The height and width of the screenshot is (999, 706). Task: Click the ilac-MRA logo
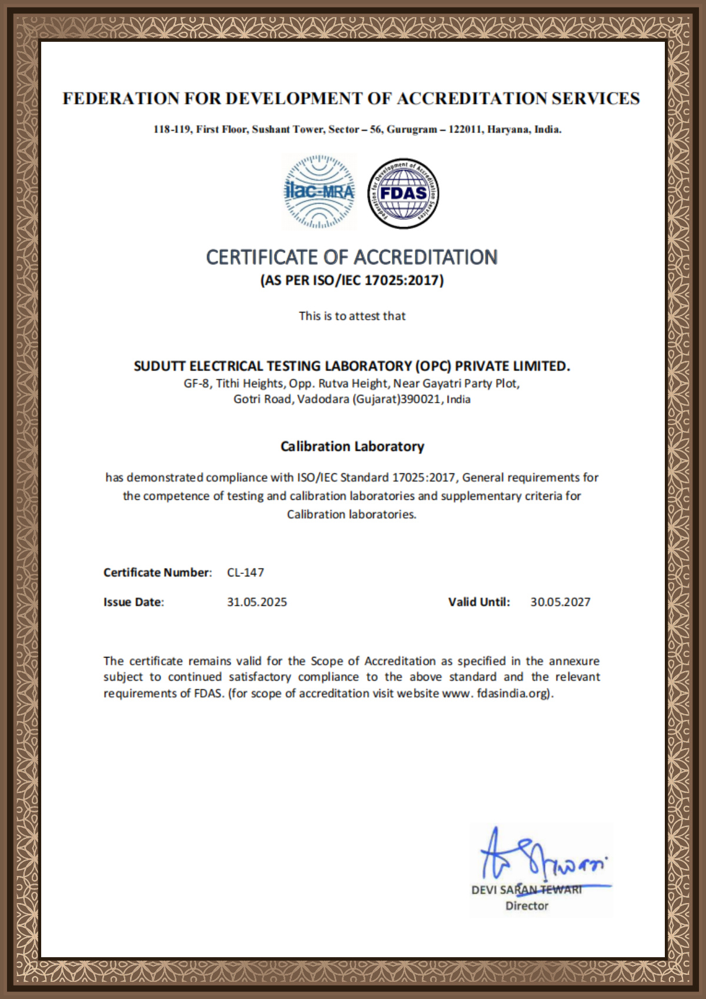(x=319, y=192)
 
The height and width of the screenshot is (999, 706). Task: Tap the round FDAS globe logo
(x=404, y=193)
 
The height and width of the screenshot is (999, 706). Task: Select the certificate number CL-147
(x=245, y=572)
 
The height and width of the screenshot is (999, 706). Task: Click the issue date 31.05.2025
(x=257, y=602)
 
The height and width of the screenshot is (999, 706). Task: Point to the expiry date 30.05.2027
(x=560, y=602)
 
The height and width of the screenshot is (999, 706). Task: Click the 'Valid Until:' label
(x=479, y=602)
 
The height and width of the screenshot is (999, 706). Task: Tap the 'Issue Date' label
(x=133, y=602)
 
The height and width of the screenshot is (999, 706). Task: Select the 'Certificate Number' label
(x=156, y=572)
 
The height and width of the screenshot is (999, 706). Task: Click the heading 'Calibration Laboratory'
(x=352, y=446)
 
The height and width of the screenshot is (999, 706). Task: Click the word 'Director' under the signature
(x=527, y=906)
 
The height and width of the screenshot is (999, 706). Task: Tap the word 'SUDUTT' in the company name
(x=159, y=366)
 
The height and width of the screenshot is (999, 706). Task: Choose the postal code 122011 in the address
(x=465, y=130)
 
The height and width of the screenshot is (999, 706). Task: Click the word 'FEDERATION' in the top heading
(x=121, y=98)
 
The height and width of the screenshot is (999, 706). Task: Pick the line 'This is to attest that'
(x=352, y=316)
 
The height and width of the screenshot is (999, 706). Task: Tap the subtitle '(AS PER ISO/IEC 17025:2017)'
(x=352, y=280)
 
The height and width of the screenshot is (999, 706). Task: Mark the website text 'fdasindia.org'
(x=513, y=693)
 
